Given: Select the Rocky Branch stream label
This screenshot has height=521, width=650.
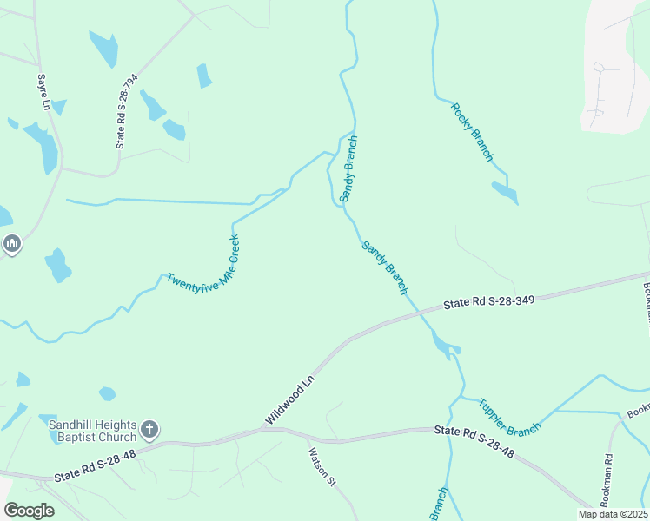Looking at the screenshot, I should tap(472, 132).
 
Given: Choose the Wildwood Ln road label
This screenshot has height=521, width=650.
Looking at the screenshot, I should tap(289, 400).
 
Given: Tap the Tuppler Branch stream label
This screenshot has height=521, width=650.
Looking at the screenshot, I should tap(509, 417).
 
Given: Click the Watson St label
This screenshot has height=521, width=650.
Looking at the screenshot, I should tap(321, 466).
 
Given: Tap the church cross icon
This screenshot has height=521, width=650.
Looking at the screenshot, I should tap(149, 429).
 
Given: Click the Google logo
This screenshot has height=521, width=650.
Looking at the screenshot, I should tap(29, 511).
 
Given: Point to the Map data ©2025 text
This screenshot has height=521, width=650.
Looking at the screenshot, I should tap(612, 514).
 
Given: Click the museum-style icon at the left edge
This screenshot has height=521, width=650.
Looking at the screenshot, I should tap(11, 244).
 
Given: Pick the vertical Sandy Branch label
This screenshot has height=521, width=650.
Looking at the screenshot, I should tap(348, 168).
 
